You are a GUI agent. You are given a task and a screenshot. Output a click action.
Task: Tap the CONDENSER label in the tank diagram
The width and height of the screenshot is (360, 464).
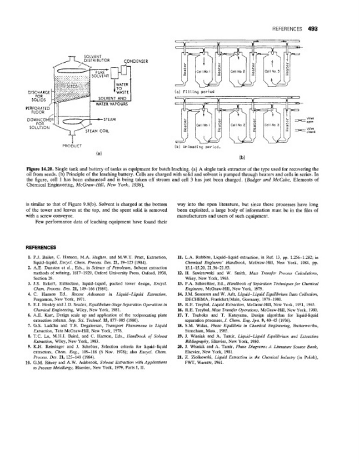137,60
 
